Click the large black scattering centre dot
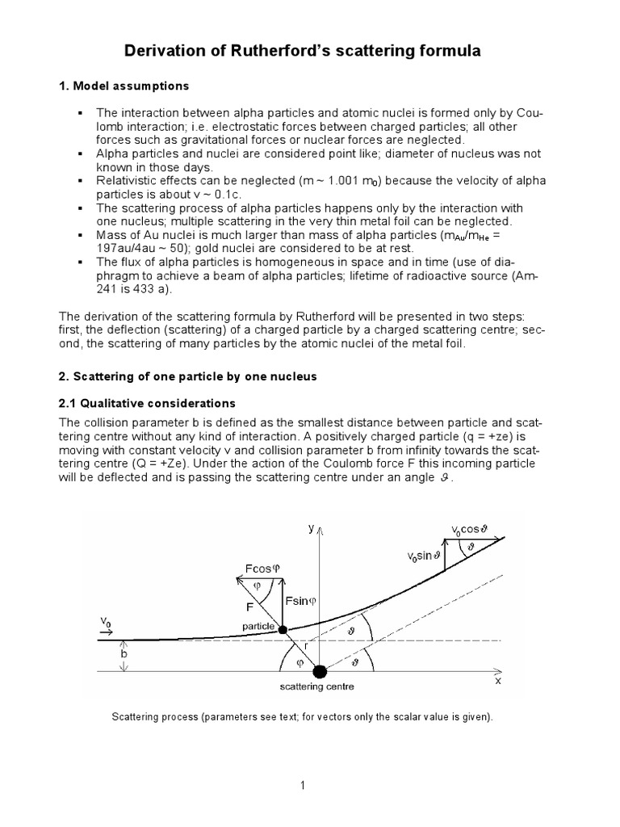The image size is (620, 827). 320,670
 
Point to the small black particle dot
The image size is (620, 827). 283,630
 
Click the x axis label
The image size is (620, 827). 498,680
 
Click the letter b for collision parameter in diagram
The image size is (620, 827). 123,655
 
